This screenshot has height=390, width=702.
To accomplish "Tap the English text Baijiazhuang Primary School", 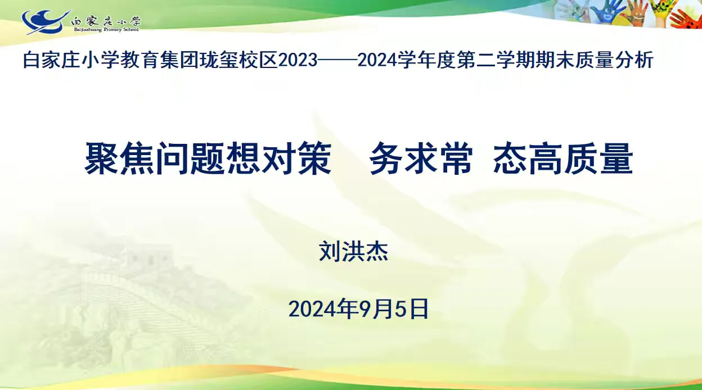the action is (106, 29).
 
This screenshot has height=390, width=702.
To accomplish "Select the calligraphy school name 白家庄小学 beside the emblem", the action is (106, 21).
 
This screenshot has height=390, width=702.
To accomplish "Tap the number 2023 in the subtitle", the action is (298, 60).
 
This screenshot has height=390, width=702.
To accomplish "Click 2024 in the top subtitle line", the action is (377, 60).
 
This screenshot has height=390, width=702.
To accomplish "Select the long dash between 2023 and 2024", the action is (337, 60).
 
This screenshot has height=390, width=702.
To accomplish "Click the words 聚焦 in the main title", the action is (120, 158).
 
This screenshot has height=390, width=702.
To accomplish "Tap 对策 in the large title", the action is (296, 158).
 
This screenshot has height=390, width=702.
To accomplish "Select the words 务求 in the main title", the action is (404, 158).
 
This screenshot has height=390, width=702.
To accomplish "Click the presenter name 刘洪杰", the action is (353, 251).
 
